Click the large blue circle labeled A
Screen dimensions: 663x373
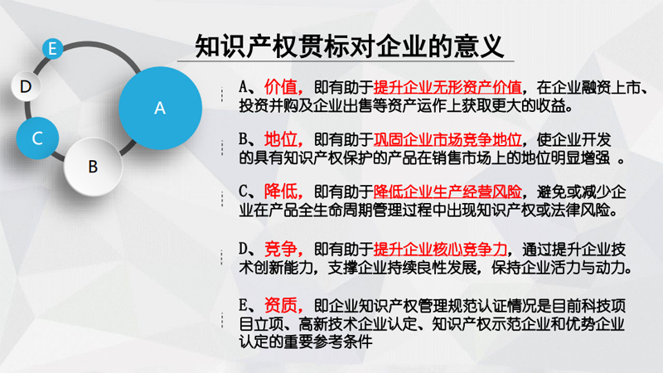pos(160,108)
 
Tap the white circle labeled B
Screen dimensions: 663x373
pos(93,167)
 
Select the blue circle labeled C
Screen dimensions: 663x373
pos(37,138)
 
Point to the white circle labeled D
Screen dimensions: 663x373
pos(26,86)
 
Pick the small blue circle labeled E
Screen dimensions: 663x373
pos(53,48)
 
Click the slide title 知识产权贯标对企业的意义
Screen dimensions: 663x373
pos(349,46)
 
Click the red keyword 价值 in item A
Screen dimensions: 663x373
pos(280,87)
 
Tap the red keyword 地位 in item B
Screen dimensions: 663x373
pos(280,139)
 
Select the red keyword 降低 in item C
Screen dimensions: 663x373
pos(280,191)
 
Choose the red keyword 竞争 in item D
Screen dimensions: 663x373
pos(280,249)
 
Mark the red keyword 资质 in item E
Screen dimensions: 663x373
pos(280,305)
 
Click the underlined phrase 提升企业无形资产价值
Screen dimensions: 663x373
pos(448,87)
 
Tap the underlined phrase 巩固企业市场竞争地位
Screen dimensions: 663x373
pos(448,139)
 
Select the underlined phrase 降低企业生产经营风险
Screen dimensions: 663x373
pos(448,191)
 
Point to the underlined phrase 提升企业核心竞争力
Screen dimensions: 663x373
pos(440,249)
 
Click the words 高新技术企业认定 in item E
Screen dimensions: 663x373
pos(358,324)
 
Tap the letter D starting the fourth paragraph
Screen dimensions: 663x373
pos(243,249)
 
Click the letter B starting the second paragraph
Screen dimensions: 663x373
pos(243,139)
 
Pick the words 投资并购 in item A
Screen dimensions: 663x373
pos(269,106)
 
